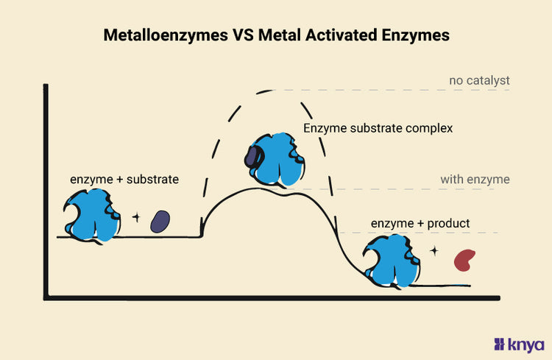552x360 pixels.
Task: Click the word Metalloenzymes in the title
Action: pos(162,35)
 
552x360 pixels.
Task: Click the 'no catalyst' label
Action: pos(479,80)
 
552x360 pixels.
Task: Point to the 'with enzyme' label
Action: pos(475,179)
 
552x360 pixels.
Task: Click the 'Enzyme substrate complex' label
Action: pos(378,128)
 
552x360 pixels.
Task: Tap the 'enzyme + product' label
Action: pos(420,223)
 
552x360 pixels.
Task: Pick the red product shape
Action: pos(464,258)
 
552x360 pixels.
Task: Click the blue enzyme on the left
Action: pos(91,216)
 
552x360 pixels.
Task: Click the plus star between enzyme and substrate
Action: pos(135,217)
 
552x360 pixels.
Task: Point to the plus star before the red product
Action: pos(434,250)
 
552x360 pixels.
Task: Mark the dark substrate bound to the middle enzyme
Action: pos(252,156)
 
